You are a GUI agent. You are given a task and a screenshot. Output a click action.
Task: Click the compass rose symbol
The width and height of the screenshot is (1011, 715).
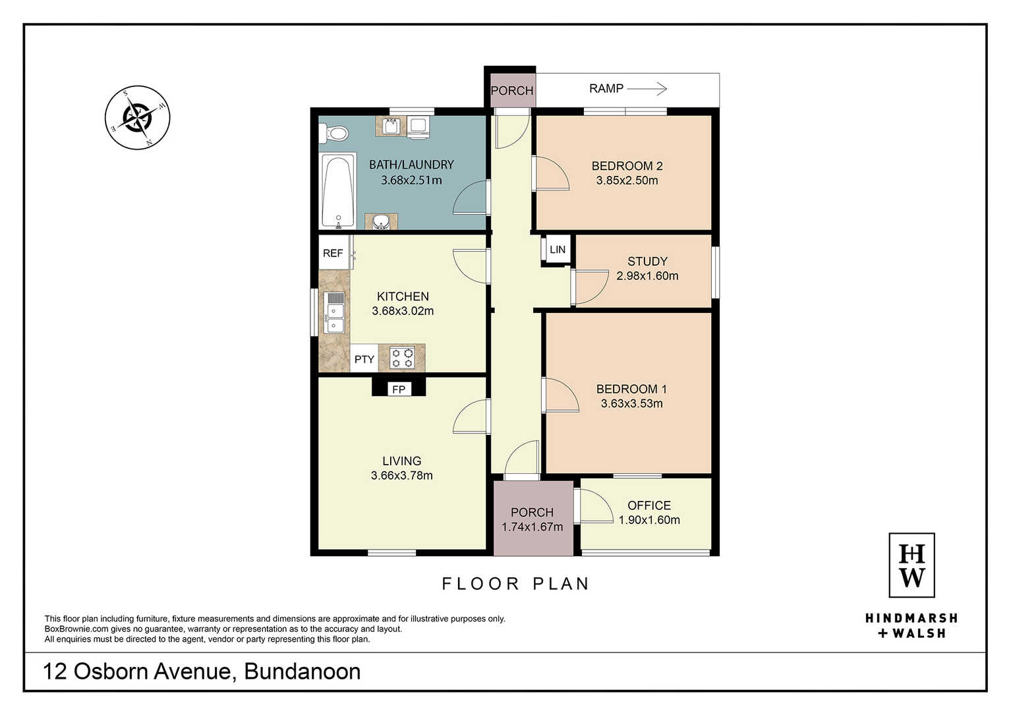[x=138, y=117]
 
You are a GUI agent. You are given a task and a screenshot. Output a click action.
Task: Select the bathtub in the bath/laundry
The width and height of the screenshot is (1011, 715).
[x=338, y=191]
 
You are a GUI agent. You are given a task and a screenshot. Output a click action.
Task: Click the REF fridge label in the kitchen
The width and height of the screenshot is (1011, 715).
[x=333, y=253]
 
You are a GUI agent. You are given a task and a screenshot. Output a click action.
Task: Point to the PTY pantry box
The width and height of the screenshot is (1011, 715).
[x=364, y=358]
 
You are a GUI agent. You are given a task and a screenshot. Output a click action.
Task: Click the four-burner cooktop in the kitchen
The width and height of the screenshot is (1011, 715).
[x=402, y=357]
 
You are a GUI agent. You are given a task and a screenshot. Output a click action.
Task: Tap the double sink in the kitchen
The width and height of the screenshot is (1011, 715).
[x=335, y=312]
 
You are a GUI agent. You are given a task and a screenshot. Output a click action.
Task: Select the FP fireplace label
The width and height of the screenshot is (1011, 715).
[x=399, y=389]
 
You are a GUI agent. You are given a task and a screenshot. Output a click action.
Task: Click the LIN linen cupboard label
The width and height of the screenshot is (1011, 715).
[x=558, y=249]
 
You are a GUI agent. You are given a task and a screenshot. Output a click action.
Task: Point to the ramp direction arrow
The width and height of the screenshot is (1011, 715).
[x=647, y=89]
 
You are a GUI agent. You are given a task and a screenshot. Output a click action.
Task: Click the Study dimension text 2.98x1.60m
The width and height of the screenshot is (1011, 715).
[x=647, y=276]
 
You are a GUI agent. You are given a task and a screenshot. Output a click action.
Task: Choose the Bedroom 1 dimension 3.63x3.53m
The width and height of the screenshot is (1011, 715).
[x=631, y=403]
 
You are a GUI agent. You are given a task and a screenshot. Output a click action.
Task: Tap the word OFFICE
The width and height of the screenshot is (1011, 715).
[x=649, y=505]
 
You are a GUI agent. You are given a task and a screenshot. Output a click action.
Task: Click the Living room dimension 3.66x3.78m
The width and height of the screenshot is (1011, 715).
[x=401, y=475]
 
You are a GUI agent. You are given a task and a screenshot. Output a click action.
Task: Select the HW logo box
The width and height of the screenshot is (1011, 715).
[x=911, y=565]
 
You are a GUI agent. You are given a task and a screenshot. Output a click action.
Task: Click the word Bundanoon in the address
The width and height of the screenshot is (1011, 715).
[x=303, y=672]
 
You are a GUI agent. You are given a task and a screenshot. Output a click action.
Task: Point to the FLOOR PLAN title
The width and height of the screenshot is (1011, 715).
[x=515, y=584]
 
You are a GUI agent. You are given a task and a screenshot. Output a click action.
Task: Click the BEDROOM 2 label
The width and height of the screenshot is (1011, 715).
[x=627, y=166]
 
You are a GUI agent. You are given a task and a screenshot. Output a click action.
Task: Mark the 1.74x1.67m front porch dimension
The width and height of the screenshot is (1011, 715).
[x=532, y=527]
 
